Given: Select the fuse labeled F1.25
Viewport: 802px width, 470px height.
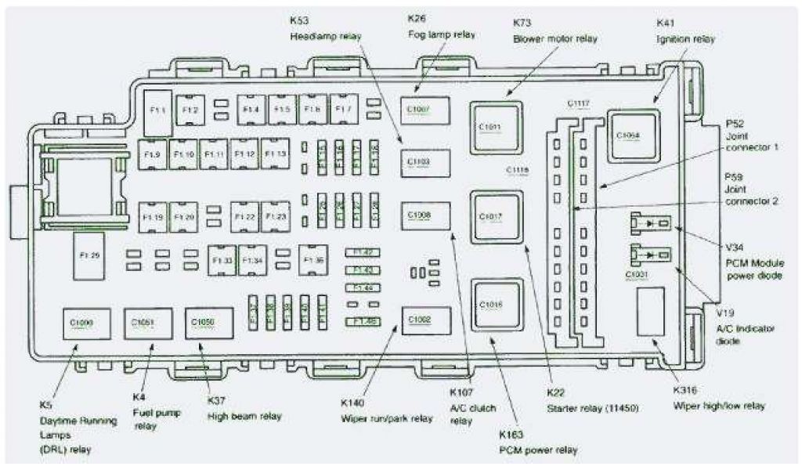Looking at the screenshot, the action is (x=89, y=255).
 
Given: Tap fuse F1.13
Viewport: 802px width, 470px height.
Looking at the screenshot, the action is (x=275, y=154).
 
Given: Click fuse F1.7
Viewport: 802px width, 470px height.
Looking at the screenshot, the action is (x=343, y=109).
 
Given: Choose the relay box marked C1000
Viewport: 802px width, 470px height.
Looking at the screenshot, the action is (x=81, y=322).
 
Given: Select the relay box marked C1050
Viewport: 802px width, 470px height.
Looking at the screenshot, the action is (x=203, y=322).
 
